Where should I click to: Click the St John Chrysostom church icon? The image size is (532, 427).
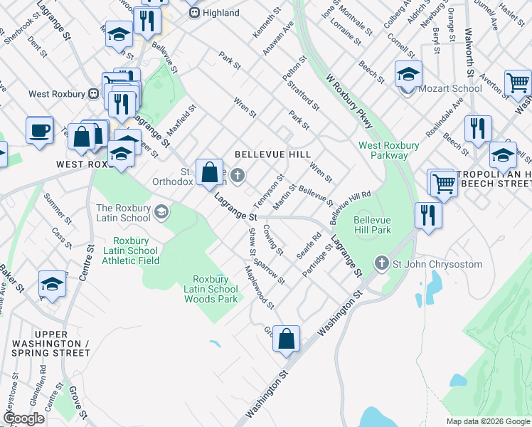coord(382,264)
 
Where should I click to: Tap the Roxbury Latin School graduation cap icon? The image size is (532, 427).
coord(162,211)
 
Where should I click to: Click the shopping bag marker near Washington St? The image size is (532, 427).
coord(286,340)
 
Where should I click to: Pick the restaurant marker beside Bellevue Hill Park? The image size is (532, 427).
coord(428,216)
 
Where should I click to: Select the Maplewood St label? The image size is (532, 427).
coord(259,288)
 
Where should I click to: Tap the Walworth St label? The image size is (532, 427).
coord(469,53)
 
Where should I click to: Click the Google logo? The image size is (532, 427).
coord(24,418)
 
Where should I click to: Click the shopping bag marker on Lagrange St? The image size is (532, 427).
coord(210,173)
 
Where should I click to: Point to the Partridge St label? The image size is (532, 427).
coord(316,262)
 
